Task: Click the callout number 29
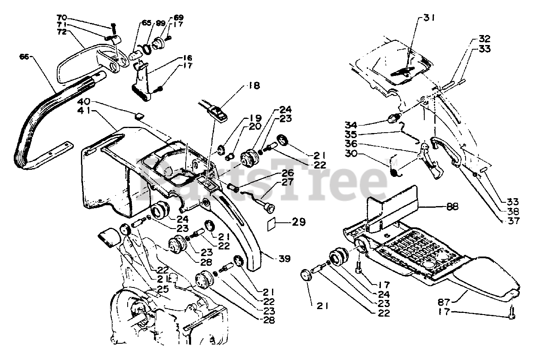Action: pyautogui.click(x=298, y=222)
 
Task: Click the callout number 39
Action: pyautogui.click(x=285, y=259)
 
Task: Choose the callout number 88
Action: pyautogui.click(x=452, y=206)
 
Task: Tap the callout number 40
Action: pyautogui.click(x=85, y=102)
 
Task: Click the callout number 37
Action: pyautogui.click(x=513, y=221)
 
